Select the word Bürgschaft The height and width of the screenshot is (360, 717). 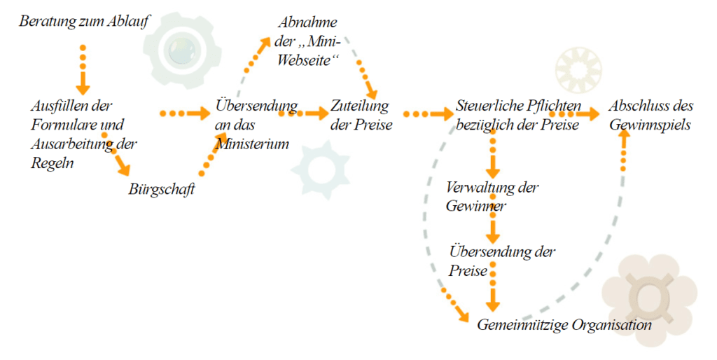pyautogui.click(x=161, y=189)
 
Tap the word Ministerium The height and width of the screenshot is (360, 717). pyautogui.click(x=252, y=144)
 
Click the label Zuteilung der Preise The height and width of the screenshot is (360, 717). pyautogui.click(x=361, y=115)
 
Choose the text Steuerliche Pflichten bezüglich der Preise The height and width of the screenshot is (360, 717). pyautogui.click(x=517, y=116)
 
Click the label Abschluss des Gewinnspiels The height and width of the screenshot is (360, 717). pyautogui.click(x=650, y=116)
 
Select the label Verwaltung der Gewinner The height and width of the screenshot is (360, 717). pyautogui.click(x=492, y=197)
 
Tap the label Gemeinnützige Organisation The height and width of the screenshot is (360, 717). pyautogui.click(x=564, y=325)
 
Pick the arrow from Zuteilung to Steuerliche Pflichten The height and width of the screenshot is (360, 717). pyautogui.click(x=428, y=113)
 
